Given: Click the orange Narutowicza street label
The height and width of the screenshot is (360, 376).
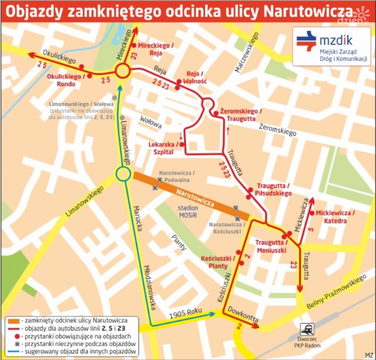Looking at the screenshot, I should click(x=195, y=197).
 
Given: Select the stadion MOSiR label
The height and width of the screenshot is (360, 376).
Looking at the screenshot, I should click(x=188, y=211).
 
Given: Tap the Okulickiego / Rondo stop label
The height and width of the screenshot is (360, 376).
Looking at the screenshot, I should click(x=66, y=80).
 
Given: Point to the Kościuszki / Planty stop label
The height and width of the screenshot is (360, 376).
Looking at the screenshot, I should click(x=218, y=262).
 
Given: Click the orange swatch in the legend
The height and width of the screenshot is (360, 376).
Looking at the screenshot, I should click(x=12, y=320).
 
